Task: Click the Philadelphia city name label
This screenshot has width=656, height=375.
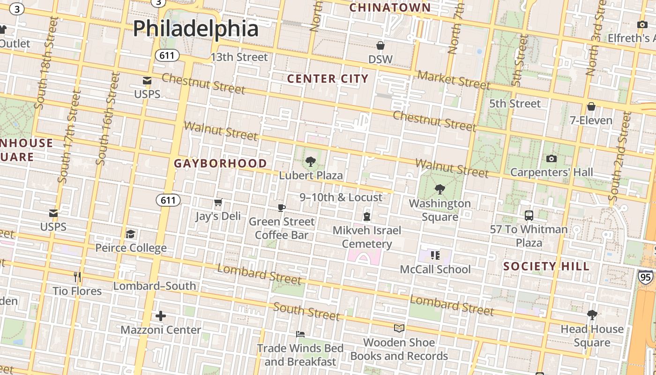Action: (x=196, y=28)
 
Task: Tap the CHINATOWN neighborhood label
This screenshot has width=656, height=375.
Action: (x=390, y=7)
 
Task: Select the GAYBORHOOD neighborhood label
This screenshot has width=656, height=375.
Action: (x=221, y=164)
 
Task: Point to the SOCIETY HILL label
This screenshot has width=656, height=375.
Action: (x=546, y=267)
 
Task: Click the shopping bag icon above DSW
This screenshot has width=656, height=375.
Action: (x=380, y=45)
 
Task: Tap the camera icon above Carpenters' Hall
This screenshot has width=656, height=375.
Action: (x=552, y=158)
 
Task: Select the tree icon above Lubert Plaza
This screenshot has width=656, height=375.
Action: (x=310, y=162)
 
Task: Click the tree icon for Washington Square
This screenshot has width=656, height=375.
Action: (x=440, y=189)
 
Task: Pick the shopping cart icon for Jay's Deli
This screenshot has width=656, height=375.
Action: (x=218, y=202)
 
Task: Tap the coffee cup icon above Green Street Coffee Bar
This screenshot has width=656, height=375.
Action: (x=281, y=208)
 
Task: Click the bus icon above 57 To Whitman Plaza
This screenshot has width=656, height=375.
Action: (x=529, y=216)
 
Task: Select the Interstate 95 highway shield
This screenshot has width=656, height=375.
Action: (x=645, y=277)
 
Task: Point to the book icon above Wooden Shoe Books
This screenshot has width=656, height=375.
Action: (x=399, y=328)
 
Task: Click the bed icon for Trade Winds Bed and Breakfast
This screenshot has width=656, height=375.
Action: (x=300, y=334)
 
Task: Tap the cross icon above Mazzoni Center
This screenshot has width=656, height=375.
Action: (x=161, y=316)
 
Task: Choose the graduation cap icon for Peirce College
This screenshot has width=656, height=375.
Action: (x=131, y=234)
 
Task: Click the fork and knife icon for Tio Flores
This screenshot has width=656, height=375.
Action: (x=77, y=277)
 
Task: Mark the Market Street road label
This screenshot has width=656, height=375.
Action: (x=454, y=80)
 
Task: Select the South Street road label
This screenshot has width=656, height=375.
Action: (x=306, y=311)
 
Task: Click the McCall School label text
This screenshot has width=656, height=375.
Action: (x=435, y=270)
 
